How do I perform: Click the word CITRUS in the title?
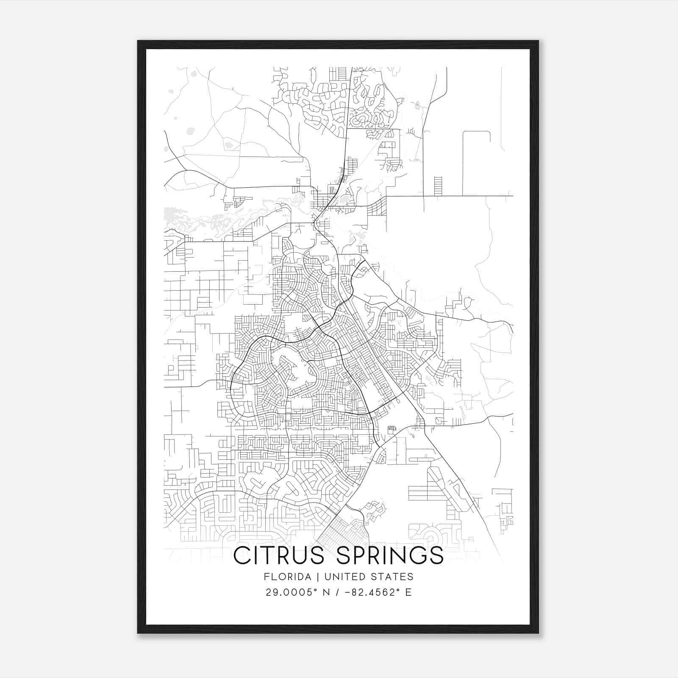281,556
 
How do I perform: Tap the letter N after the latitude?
327,592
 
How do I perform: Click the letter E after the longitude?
408,592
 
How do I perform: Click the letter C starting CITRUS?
243,556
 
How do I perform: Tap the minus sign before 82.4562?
349,592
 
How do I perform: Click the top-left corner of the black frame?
139,42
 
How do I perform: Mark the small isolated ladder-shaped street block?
438,186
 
